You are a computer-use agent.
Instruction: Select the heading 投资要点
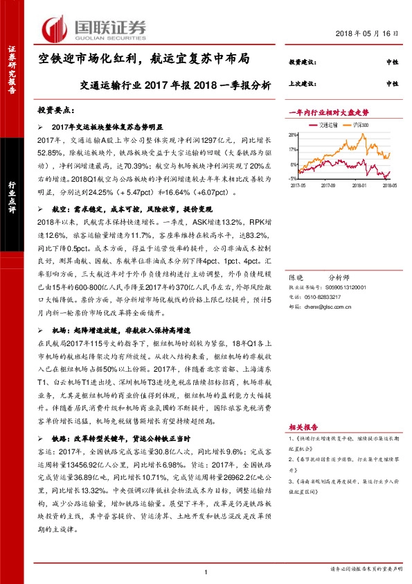tap(55, 110)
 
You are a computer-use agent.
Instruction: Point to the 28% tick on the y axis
tap(294, 135)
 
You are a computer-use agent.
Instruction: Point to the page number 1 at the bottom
tap(206, 571)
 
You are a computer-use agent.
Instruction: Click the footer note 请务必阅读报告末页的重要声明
tap(366, 571)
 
